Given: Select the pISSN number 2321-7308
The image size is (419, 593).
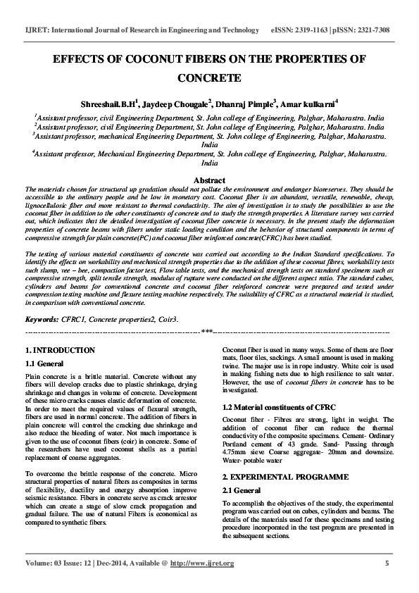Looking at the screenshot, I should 372,31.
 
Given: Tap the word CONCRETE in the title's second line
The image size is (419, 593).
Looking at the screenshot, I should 209,78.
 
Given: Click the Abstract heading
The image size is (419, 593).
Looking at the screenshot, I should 209,181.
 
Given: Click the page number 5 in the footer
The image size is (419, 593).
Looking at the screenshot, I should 387,563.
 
